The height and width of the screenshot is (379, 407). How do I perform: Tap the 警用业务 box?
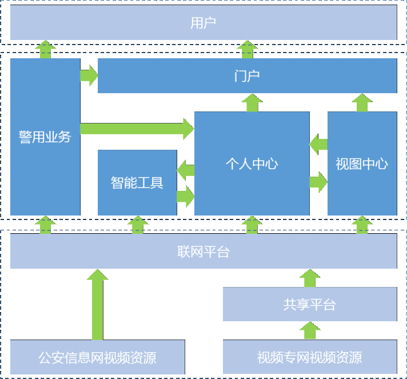(45, 137)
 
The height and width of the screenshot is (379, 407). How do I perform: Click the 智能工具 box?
(137, 182)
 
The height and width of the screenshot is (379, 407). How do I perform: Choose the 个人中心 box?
(252, 163)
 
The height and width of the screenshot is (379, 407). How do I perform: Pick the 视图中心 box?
(361, 163)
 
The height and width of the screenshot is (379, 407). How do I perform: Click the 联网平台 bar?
(203, 252)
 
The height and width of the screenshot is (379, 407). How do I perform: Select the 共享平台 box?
(309, 304)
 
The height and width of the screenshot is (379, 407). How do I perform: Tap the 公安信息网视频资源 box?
(97, 357)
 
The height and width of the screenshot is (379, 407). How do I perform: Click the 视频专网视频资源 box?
(309, 357)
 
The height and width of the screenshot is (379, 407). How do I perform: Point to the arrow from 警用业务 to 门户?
(89, 75)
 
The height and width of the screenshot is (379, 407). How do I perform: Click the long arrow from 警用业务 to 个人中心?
(137, 129)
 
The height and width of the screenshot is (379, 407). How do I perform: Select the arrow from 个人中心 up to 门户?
(252, 103)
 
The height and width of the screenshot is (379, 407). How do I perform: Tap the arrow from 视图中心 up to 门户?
(361, 103)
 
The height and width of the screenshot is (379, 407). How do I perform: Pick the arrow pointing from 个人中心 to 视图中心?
(318, 182)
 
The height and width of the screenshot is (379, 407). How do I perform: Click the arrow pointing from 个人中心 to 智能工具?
(186, 170)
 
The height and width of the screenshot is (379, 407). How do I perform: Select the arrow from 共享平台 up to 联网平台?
(309, 278)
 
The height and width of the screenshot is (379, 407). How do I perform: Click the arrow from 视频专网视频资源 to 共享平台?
(309, 330)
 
